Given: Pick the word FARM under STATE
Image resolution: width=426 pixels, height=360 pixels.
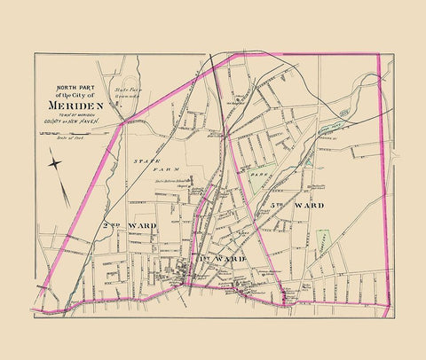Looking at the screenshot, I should (x=169, y=168).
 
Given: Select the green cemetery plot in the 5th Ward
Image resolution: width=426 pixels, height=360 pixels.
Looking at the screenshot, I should (x=324, y=239).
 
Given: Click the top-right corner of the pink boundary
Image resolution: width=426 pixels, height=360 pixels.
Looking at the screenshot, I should (x=379, y=54).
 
